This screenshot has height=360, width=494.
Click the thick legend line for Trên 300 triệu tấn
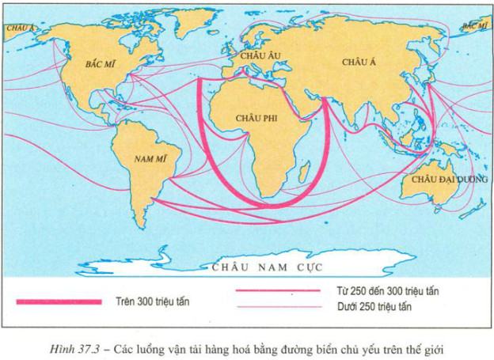click(x=59, y=301)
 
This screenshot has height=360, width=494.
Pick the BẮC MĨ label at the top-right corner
click(x=474, y=26)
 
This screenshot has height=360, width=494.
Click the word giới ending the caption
click(x=435, y=347)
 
